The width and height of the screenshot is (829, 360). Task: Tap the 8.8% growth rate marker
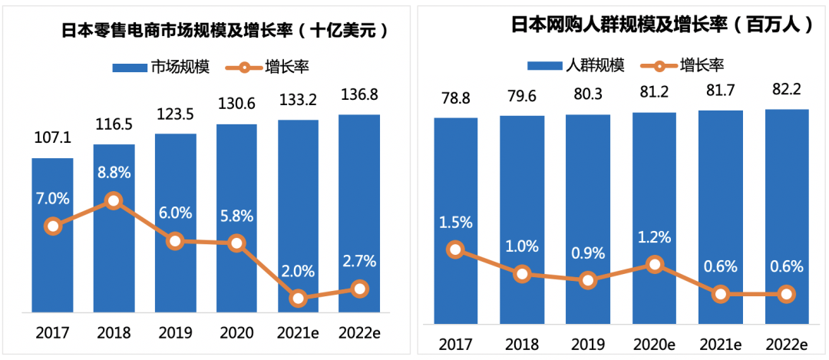click(114, 201)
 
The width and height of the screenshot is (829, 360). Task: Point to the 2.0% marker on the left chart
click(298, 298)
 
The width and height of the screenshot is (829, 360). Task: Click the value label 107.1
click(52, 138)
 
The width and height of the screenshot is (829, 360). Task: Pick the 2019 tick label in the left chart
click(175, 333)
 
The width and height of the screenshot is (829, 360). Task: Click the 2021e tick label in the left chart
click(298, 333)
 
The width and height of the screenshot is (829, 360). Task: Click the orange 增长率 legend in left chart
click(264, 67)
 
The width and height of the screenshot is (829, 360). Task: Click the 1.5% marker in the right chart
click(456, 249)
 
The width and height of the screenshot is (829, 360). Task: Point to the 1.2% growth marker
click(654, 264)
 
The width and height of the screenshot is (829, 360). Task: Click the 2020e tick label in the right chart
click(654, 342)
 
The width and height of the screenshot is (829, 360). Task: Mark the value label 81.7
click(720, 94)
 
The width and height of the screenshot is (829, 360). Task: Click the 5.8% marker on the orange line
click(236, 243)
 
